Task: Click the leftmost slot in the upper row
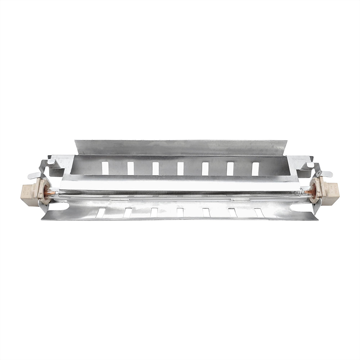pos(105,168)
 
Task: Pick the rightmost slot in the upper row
pos(255,168)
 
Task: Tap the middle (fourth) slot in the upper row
pos(180,168)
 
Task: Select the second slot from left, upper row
pos(130,168)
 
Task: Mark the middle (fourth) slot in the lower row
pos(180,212)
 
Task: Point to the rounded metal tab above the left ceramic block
pos(35,175)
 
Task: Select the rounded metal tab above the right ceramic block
pos(326,174)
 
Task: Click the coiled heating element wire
pos(180,194)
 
